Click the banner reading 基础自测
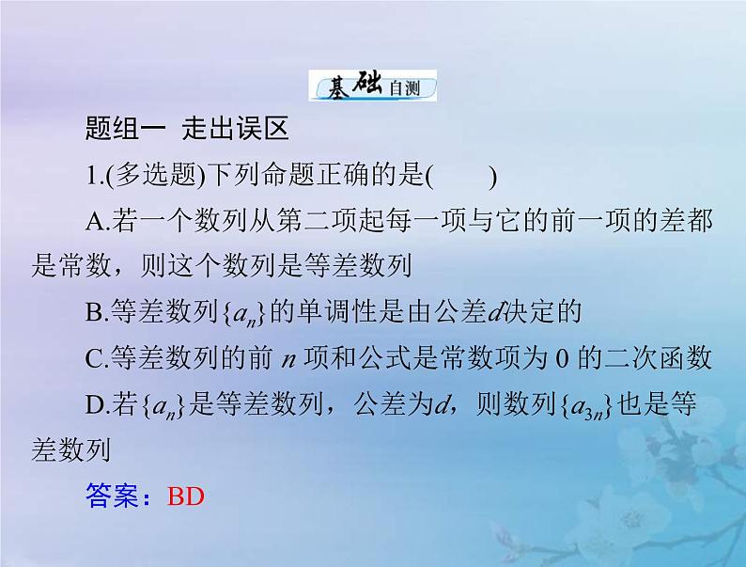click(374, 87)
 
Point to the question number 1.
click(90, 175)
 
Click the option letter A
click(93, 222)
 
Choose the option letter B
click(92, 312)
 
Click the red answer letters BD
click(185, 495)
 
